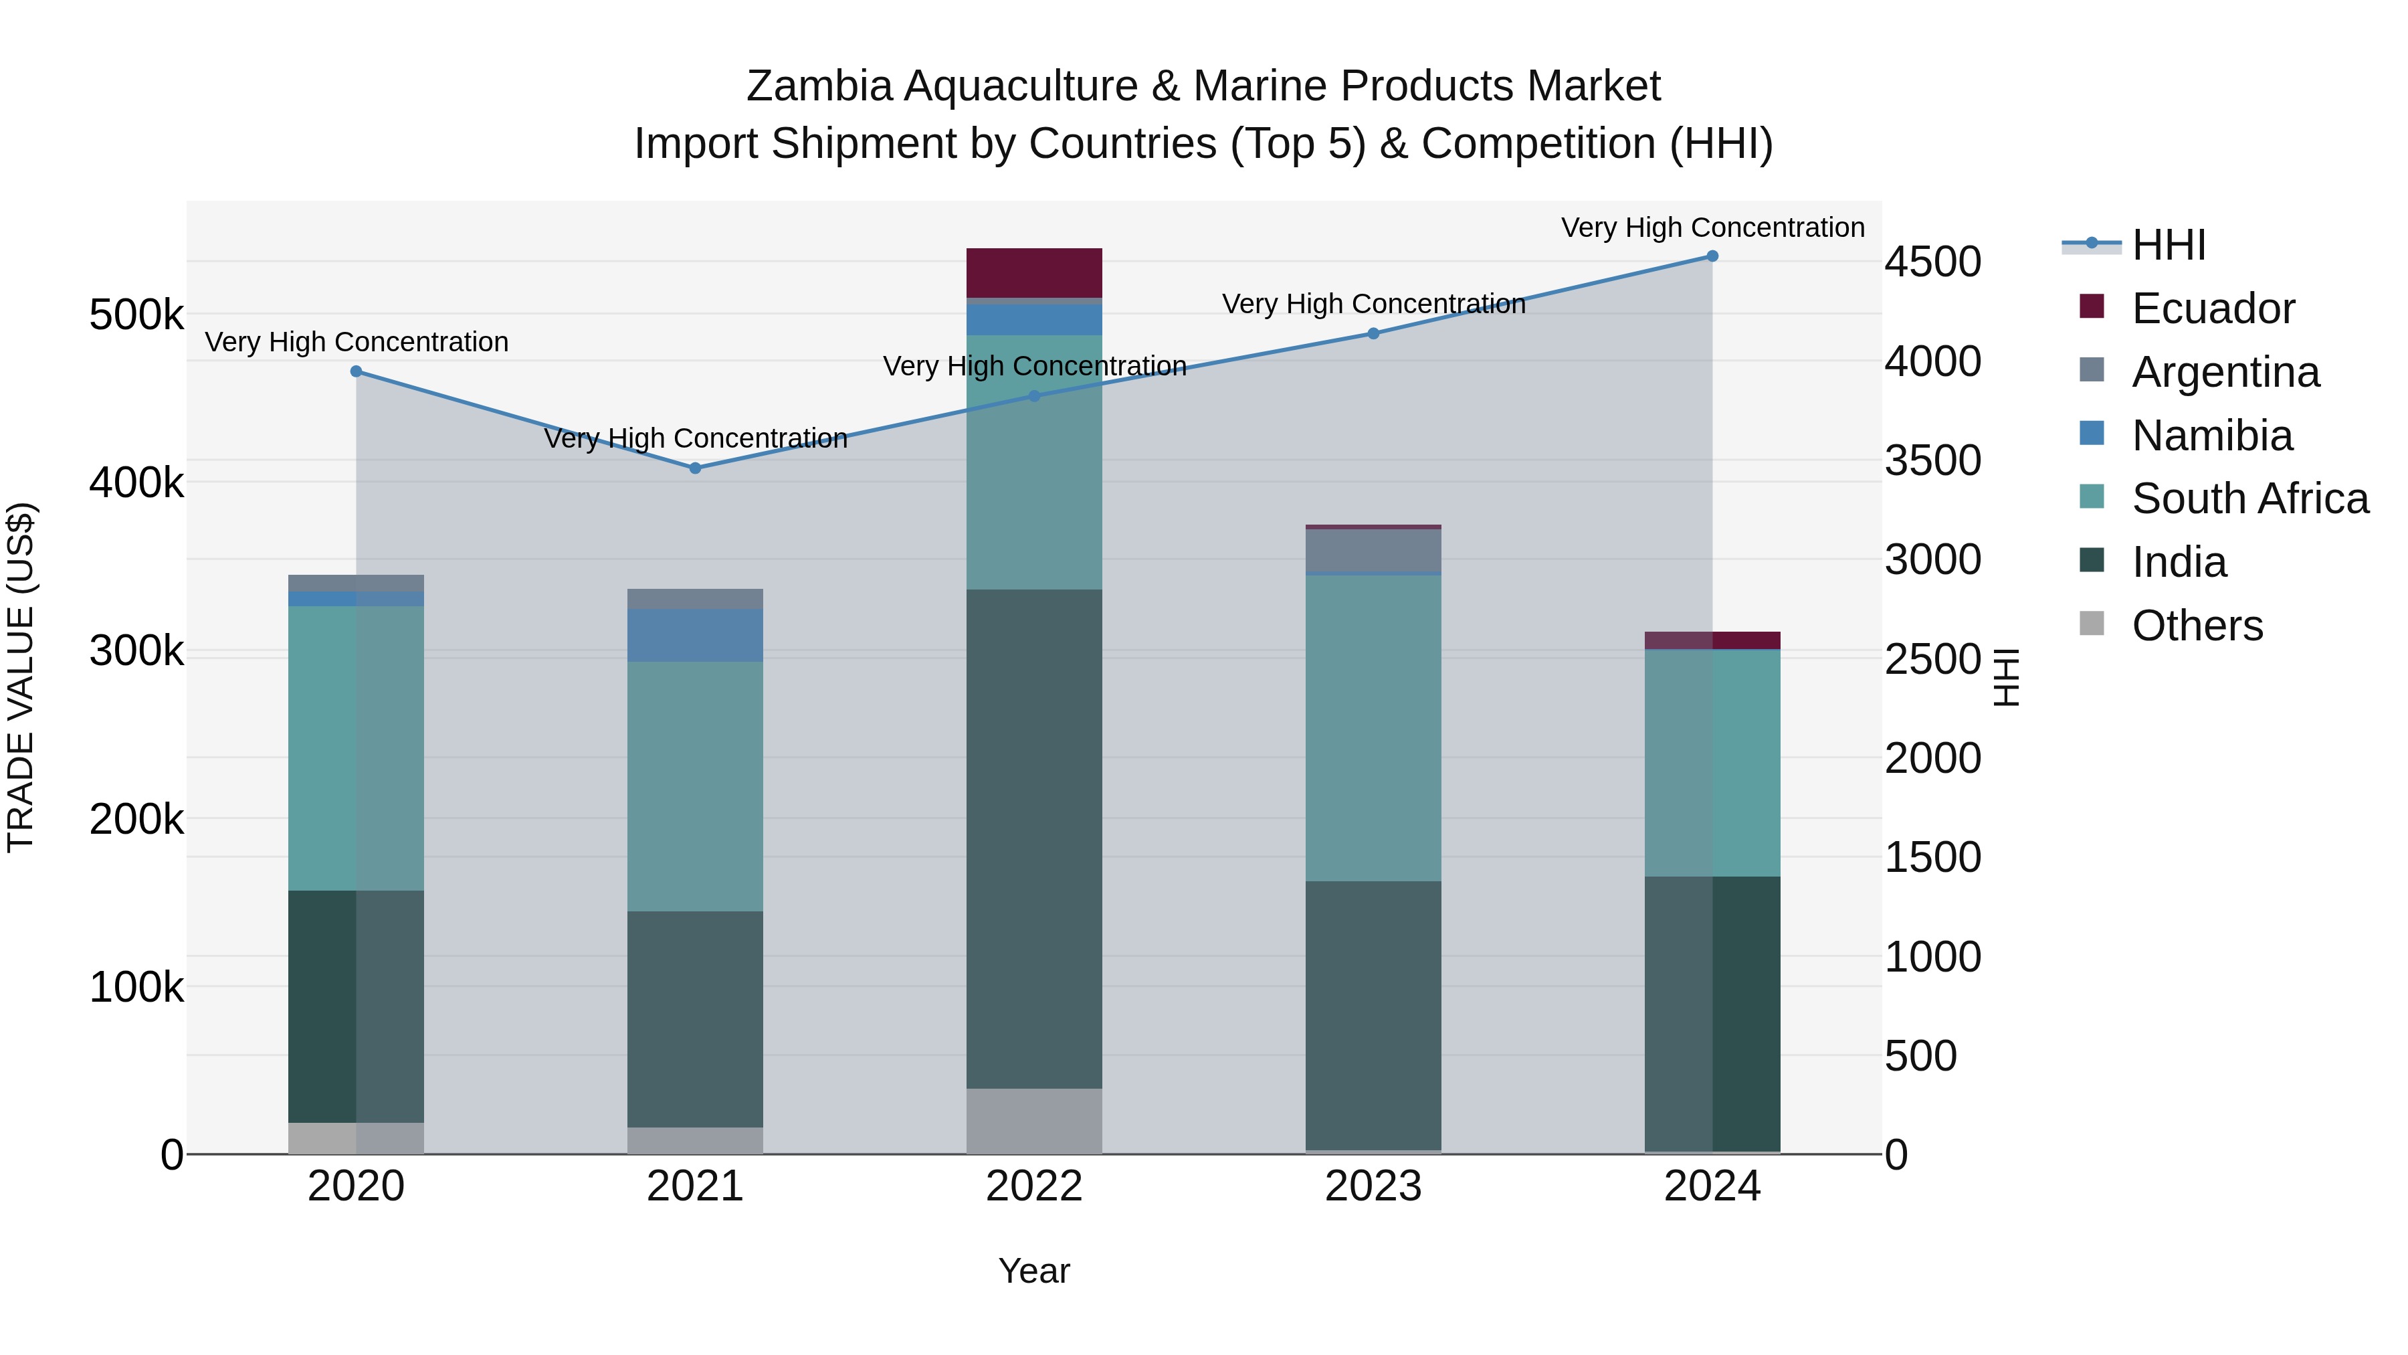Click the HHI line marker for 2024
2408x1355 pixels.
point(1712,256)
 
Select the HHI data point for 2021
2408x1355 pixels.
point(696,468)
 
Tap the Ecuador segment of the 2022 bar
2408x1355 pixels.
point(1034,272)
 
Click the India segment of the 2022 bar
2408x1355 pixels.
point(1034,839)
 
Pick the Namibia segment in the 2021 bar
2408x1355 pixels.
point(696,635)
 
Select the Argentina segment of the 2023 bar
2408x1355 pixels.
point(1373,550)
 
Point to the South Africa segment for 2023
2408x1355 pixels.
point(1373,727)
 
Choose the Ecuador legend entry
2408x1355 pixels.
point(2212,308)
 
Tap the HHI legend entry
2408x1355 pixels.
point(2169,245)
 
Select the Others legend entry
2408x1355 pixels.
point(2196,626)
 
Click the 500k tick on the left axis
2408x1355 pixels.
point(136,316)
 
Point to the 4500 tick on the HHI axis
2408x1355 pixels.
point(1932,262)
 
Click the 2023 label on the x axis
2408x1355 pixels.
point(1373,1186)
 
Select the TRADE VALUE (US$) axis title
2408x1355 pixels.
point(21,677)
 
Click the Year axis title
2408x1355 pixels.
point(1034,1271)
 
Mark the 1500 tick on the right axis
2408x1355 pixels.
point(1932,858)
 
